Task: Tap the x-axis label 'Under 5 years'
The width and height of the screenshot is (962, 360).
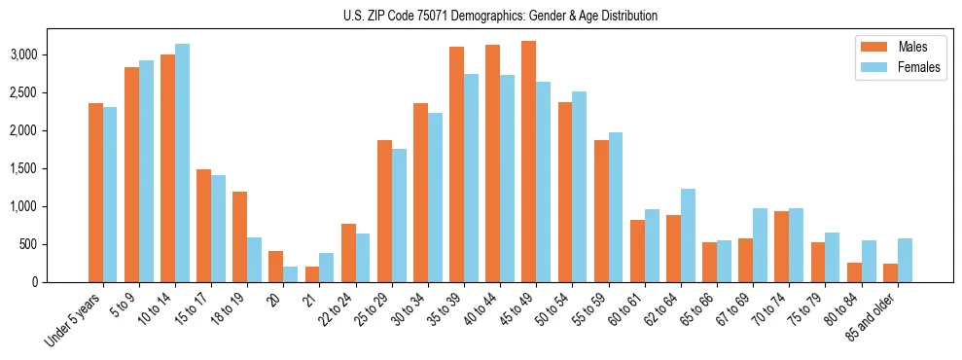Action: click(74, 320)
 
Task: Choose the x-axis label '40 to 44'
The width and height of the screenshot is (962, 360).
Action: click(486, 310)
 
